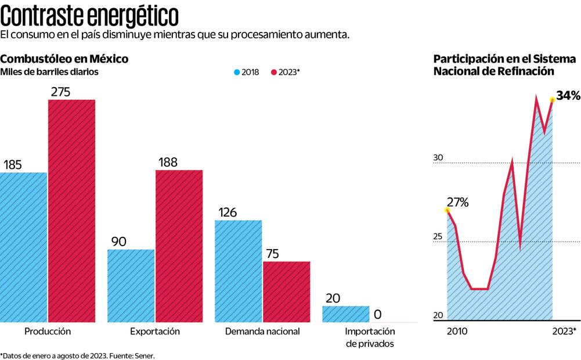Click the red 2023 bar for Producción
coord(71,210)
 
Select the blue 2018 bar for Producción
coord(23,247)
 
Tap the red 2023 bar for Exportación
coord(179,246)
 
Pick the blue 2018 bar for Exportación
coord(131,285)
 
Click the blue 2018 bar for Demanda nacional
coord(239,271)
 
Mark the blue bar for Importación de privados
coord(346,314)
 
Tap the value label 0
coord(377,315)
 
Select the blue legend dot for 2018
coord(236,73)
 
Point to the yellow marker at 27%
coord(447,210)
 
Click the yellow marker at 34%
coord(552,100)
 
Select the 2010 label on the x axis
coord(457,332)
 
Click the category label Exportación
coord(155,332)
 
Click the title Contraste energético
coord(89,14)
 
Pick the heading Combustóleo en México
coord(64,59)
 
